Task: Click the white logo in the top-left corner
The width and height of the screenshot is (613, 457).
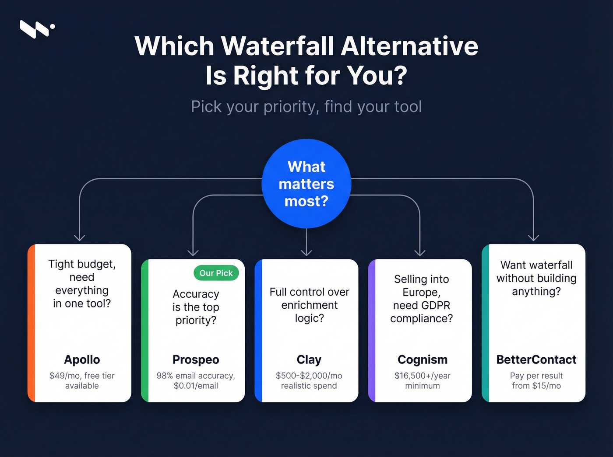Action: tap(37, 29)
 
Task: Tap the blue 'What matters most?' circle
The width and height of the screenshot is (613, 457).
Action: tap(306, 184)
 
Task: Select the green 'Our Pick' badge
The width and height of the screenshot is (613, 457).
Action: tap(216, 273)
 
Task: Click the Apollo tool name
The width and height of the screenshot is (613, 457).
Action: tap(82, 359)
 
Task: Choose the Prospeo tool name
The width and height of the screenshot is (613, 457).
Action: tap(196, 359)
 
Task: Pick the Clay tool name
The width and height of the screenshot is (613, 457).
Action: tap(309, 359)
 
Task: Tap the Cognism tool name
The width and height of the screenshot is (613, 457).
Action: tap(423, 359)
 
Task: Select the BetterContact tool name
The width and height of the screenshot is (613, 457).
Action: tap(536, 359)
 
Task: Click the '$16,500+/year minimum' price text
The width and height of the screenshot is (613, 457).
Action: tap(423, 380)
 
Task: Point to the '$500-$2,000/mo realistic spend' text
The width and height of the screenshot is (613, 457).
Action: tap(309, 380)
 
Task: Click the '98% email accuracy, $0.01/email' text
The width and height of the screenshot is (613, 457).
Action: tap(196, 380)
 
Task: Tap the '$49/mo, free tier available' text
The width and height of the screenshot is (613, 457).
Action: tap(82, 380)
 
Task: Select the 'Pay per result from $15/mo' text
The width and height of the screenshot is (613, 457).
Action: tap(536, 380)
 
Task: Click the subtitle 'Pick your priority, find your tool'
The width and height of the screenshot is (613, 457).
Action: tap(306, 107)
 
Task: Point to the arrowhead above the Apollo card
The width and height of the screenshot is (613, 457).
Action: tap(79, 237)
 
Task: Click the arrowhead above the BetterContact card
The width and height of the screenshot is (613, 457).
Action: tap(533, 237)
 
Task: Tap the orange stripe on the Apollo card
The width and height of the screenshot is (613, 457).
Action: tap(31, 324)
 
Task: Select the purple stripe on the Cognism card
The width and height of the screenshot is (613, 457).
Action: tap(372, 331)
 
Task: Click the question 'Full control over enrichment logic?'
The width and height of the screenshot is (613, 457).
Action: tap(309, 305)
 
